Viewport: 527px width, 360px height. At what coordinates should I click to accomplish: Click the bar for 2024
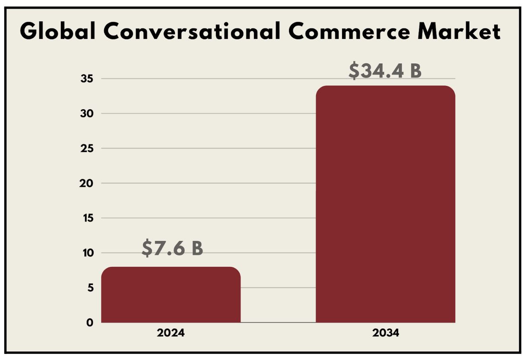tap(171, 295)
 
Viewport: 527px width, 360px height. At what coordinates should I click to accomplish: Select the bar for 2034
tap(385, 204)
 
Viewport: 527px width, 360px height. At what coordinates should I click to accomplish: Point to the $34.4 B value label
tap(385, 71)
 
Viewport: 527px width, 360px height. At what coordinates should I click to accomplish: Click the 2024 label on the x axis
tap(171, 333)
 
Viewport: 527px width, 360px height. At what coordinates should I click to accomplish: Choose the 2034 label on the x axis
tap(385, 333)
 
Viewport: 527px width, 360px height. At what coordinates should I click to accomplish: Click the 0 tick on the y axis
tap(89, 322)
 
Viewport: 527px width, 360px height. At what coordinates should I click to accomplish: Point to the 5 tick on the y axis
tap(89, 287)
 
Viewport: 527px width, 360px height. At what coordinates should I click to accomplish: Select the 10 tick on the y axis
tap(88, 253)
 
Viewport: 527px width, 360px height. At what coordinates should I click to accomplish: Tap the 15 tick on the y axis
tap(88, 218)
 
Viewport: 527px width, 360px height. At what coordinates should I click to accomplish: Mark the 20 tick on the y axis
tap(88, 183)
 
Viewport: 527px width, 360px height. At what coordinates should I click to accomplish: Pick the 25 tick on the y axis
tap(88, 148)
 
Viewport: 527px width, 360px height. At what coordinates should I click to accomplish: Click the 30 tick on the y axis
tap(88, 114)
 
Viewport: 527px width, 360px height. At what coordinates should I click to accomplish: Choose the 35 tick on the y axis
tap(88, 79)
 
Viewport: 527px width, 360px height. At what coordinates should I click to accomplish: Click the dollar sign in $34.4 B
tap(354, 71)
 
